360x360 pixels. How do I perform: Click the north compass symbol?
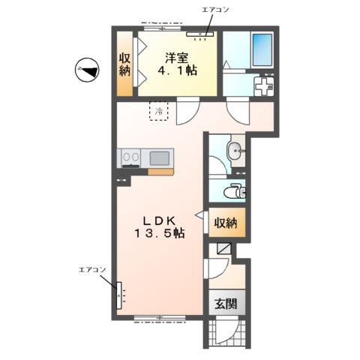point(87,70)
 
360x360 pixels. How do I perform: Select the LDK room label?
point(159,220)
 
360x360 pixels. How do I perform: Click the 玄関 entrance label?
point(226,304)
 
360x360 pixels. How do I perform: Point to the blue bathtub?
point(262,50)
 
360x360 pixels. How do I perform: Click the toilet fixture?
point(235,192)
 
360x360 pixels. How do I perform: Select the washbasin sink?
point(235,151)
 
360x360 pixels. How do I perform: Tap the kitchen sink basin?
point(159,158)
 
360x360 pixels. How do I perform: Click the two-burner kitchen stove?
point(130,157)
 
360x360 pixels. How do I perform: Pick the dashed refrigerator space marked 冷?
point(159,111)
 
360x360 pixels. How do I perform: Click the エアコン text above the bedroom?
point(215,10)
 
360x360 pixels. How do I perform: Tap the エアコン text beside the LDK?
point(92,270)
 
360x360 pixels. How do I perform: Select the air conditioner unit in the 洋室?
point(200,34)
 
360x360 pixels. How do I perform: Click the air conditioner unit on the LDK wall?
point(119,295)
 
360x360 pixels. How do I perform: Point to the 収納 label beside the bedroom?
point(124,64)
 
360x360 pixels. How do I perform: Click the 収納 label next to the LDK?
point(226,223)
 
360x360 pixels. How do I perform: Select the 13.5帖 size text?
point(160,233)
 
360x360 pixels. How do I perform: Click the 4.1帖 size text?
point(177,70)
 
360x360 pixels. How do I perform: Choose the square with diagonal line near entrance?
point(223,248)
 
